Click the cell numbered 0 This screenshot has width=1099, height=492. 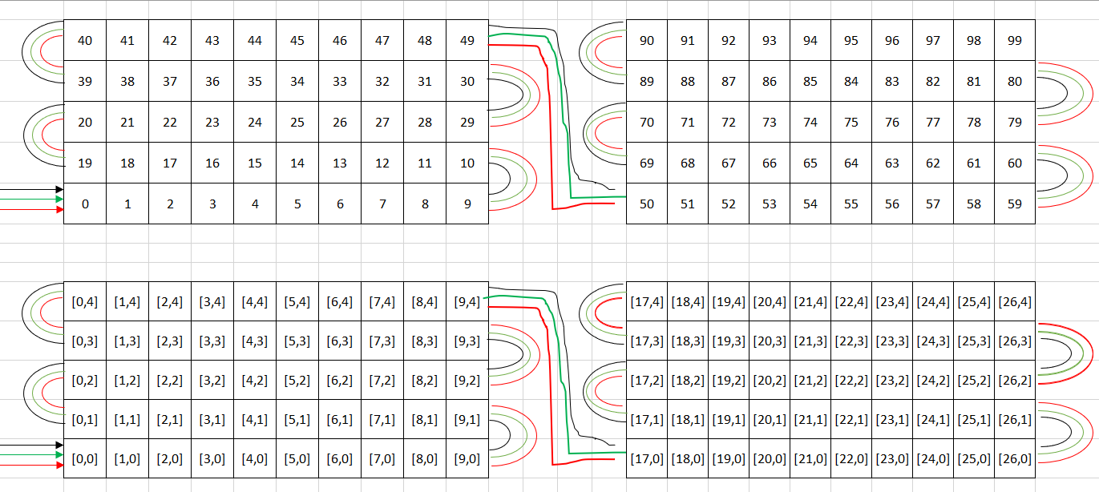coord(85,204)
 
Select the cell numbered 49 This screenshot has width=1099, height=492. coord(467,40)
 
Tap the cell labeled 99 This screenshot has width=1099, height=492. coord(1015,40)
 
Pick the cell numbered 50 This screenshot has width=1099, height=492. coord(647,204)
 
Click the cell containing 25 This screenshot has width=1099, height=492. coord(297,122)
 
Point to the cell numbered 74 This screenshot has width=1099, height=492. coord(810,122)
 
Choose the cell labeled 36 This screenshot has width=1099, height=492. coord(212,81)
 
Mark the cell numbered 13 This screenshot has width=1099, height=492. coord(340,163)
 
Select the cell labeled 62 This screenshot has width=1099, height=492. coord(933,163)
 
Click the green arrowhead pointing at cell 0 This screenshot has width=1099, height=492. coord(59,199)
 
